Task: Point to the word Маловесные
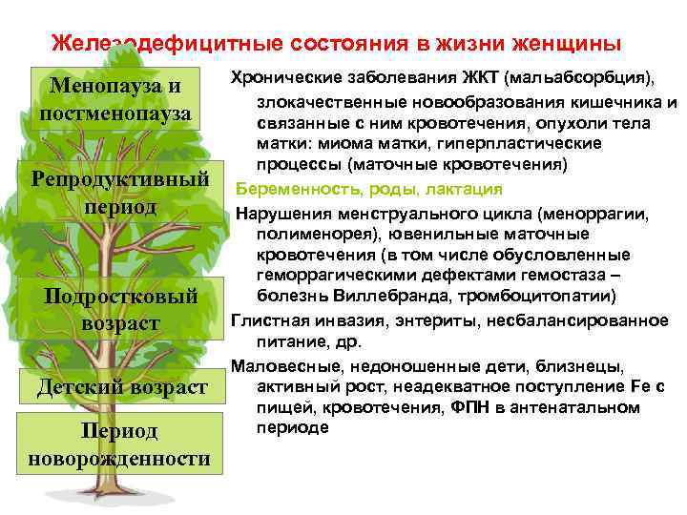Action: (281, 366)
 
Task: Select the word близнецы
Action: (584, 366)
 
